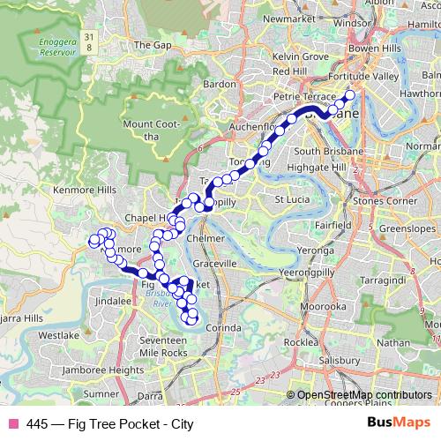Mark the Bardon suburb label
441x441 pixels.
[220, 85]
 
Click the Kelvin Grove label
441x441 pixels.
[302, 56]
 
